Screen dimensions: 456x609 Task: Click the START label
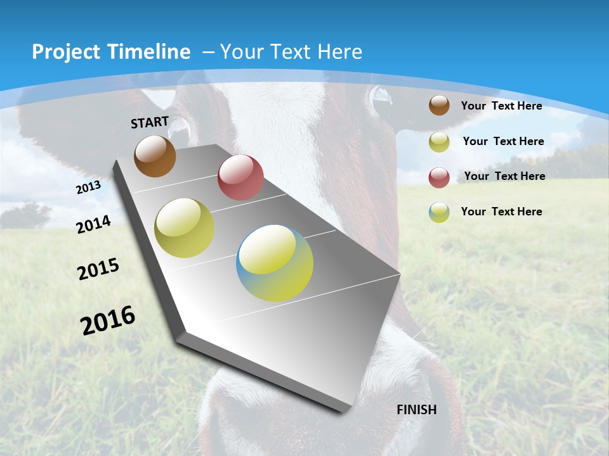point(150,122)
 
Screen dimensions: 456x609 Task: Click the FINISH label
point(417,410)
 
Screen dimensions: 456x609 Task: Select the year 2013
point(88,188)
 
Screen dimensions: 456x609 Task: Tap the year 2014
point(94,224)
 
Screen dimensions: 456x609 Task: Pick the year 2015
point(98,269)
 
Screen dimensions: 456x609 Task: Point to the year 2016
point(108,320)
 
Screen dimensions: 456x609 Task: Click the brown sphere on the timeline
point(155,156)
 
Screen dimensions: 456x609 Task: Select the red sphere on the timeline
point(240,177)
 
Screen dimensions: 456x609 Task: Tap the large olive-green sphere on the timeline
point(185,228)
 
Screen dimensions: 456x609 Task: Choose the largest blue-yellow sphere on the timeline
point(275,263)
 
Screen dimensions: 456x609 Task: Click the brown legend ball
point(439,105)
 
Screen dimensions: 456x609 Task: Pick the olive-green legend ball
point(439,142)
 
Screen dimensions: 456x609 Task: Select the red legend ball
point(439,177)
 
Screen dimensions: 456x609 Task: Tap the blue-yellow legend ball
point(439,212)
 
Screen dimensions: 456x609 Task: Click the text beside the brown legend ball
point(501,106)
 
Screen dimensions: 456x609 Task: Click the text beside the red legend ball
point(504,176)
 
